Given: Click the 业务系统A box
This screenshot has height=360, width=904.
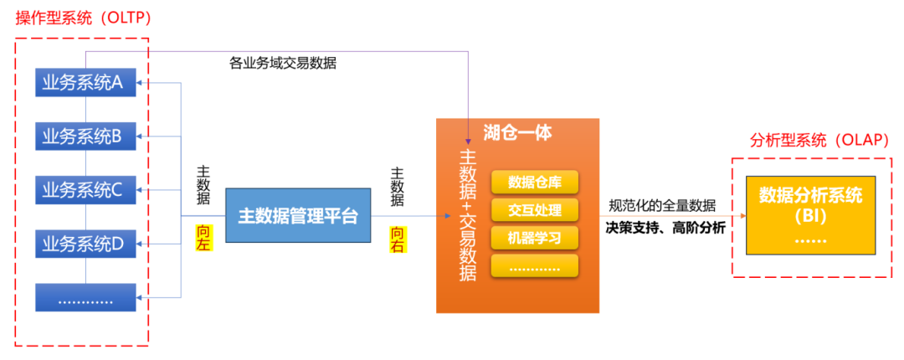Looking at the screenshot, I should (x=85, y=82).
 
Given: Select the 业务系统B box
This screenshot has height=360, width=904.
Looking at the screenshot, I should (x=85, y=136).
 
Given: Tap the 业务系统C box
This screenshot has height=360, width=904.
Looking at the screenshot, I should (x=85, y=190).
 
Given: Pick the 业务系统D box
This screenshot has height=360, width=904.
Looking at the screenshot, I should (x=85, y=244).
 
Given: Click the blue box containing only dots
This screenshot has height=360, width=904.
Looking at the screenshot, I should (x=85, y=297).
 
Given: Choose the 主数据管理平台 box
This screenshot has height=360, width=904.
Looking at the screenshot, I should (x=298, y=216).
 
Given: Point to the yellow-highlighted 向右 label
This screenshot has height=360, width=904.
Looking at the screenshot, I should (x=398, y=238).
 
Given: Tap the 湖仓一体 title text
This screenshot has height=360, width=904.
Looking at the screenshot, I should (x=517, y=133).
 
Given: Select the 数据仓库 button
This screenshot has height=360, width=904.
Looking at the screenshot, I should (x=534, y=183).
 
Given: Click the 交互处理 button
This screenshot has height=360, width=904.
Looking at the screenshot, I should (x=534, y=209).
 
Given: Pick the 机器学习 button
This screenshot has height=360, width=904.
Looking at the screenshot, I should (x=534, y=237).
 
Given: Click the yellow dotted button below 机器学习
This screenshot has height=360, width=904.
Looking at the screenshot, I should (x=534, y=266).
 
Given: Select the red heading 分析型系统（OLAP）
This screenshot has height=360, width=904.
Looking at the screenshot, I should (x=819, y=140).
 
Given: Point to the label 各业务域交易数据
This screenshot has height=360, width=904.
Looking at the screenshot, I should (x=283, y=63).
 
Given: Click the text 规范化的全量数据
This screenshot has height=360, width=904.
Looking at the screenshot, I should (x=662, y=205).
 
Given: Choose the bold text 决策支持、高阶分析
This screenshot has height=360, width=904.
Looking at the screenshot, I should (x=666, y=227).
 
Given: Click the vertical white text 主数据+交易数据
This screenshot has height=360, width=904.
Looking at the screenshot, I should (x=468, y=214).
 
